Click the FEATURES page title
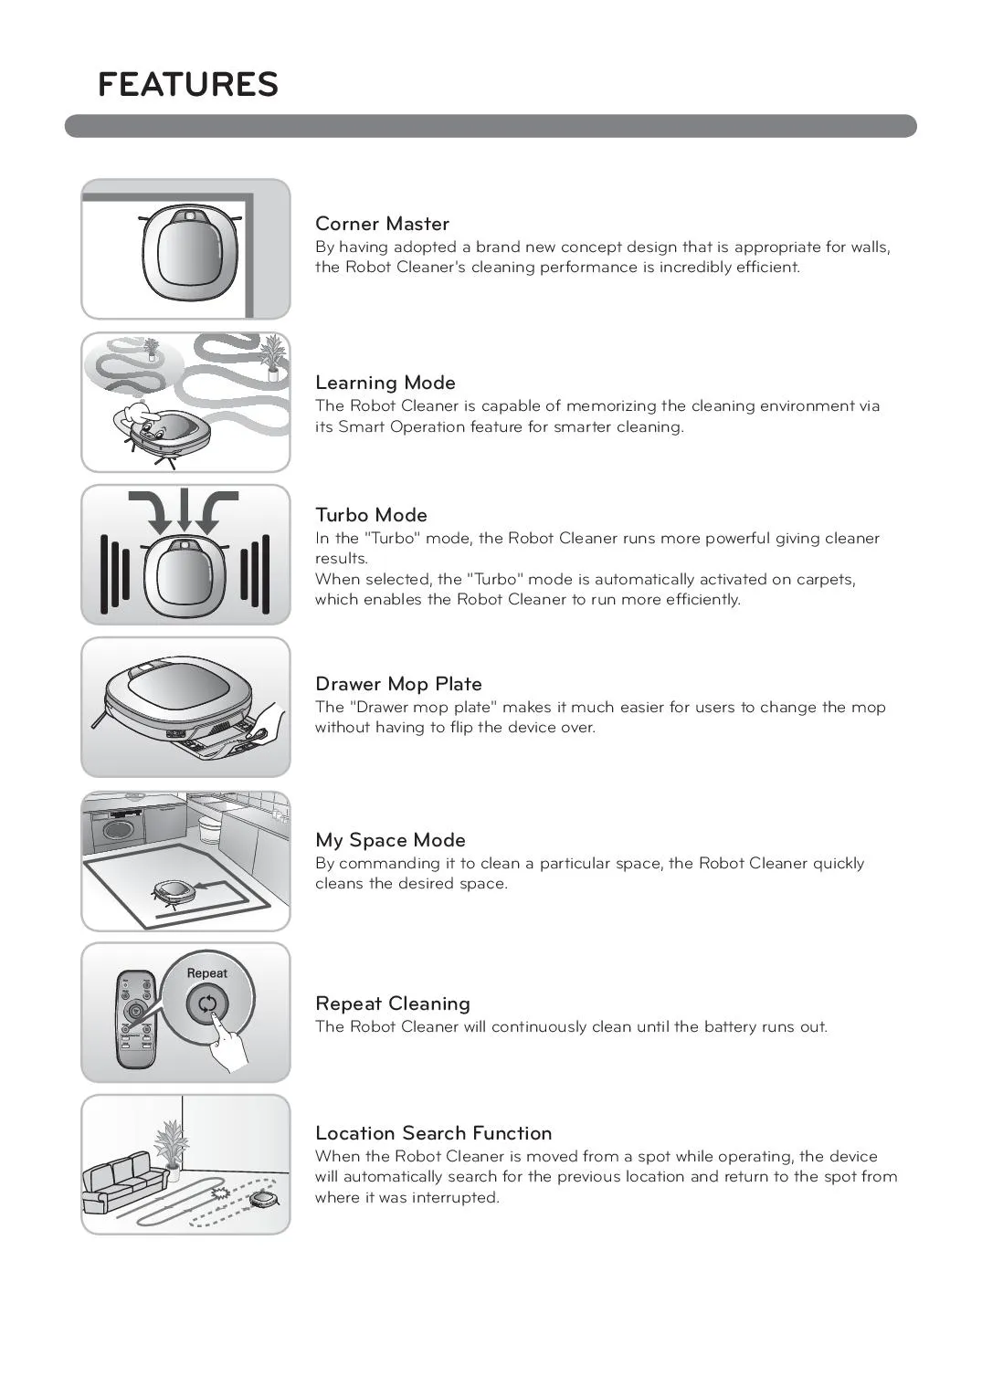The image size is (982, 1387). pyautogui.click(x=187, y=84)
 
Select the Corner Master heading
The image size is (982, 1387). pyautogui.click(x=382, y=224)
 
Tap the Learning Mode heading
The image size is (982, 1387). pyautogui.click(x=385, y=383)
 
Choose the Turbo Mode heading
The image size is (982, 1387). pyautogui.click(x=371, y=515)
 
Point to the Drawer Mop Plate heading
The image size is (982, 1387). pyautogui.click(x=398, y=684)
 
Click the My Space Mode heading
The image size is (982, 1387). pyautogui.click(x=390, y=840)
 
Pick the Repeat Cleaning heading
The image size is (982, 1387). pyautogui.click(x=392, y=1003)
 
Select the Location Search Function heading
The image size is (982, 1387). pyautogui.click(x=433, y=1133)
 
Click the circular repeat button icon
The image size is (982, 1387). pyautogui.click(x=207, y=1004)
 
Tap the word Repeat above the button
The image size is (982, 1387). pyautogui.click(x=206, y=973)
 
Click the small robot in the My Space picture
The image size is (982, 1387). pyautogui.click(x=174, y=892)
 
